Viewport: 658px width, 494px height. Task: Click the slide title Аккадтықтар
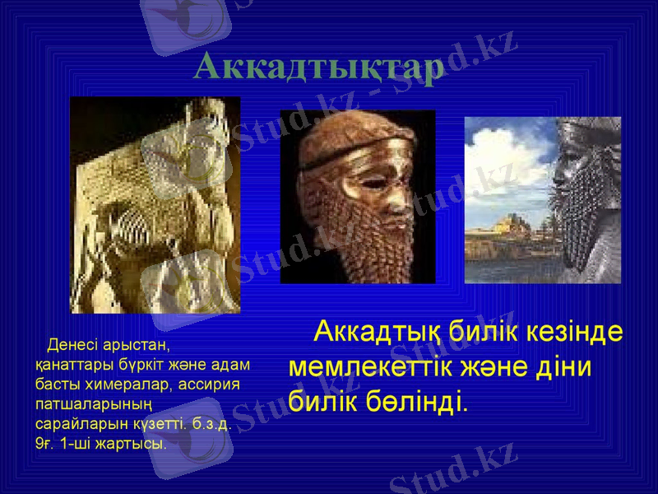319,66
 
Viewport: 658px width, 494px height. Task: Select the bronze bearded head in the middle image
358,198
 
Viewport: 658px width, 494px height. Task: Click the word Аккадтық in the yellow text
380,333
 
